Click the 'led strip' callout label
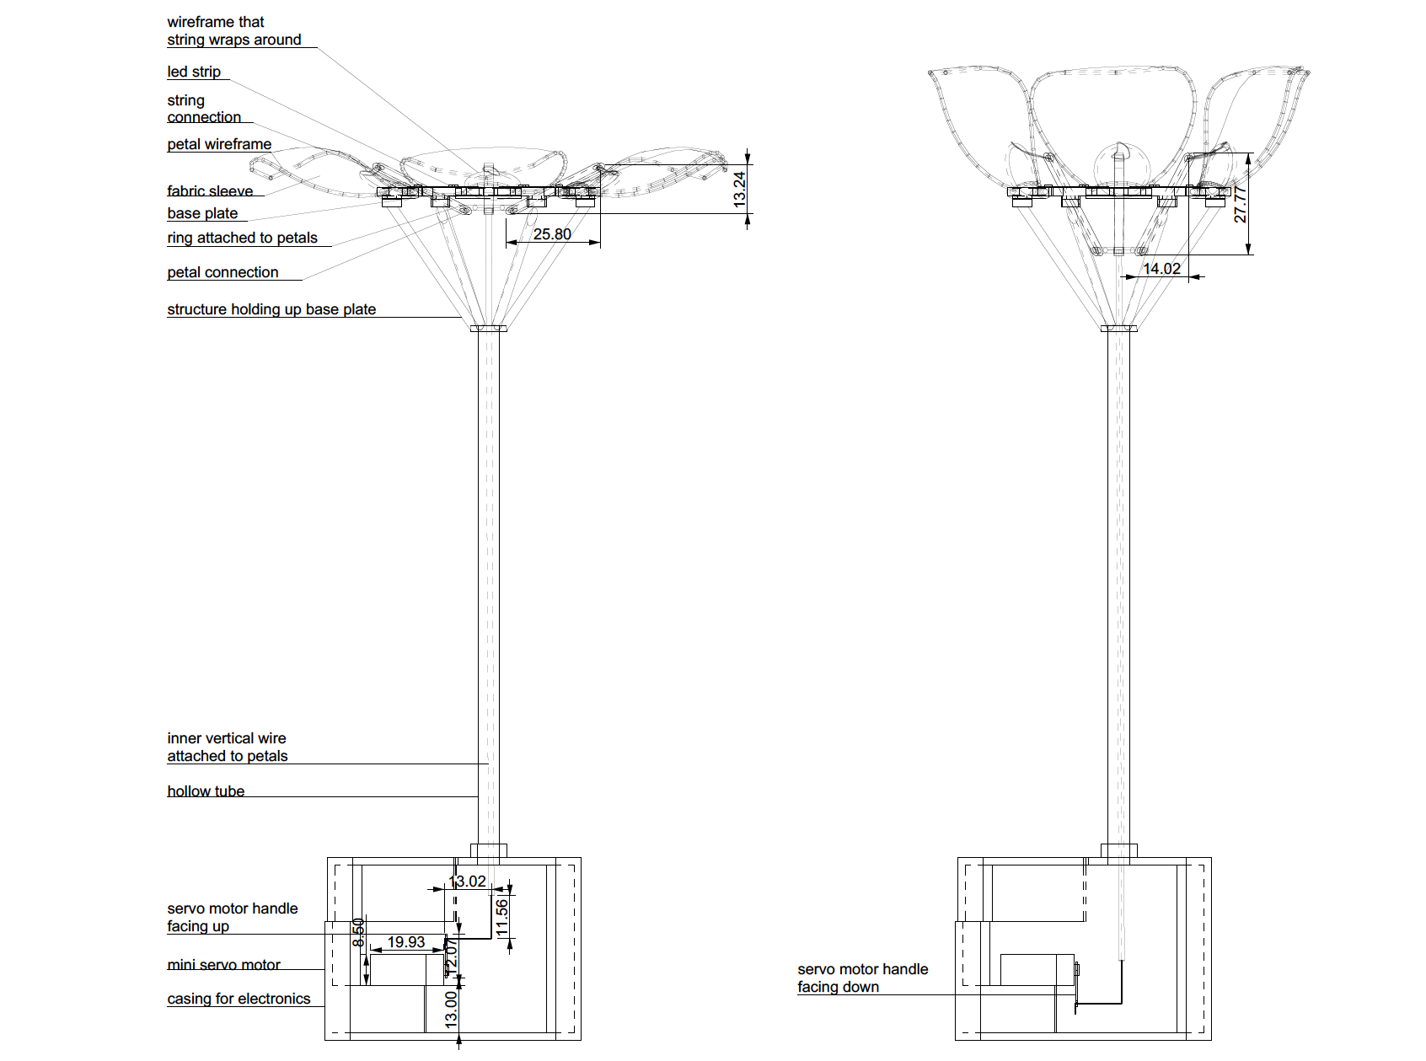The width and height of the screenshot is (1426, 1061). click(194, 72)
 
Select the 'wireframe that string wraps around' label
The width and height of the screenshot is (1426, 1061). click(233, 31)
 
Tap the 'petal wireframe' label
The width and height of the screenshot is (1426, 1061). click(219, 144)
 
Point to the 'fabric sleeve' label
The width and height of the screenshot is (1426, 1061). click(210, 191)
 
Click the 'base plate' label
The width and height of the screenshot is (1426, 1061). click(202, 213)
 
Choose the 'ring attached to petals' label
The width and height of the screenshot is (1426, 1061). click(242, 238)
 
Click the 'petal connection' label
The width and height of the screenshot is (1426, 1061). click(222, 272)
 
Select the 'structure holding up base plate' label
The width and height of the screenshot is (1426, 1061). click(271, 309)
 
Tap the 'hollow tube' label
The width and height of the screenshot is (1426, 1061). click(206, 790)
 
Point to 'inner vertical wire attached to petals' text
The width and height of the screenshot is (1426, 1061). click(227, 748)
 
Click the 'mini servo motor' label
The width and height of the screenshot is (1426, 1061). click(223, 965)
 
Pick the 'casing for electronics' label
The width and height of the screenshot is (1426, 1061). click(239, 999)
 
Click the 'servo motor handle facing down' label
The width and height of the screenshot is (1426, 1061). click(862, 978)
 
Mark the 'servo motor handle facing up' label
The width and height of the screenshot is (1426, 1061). click(232, 917)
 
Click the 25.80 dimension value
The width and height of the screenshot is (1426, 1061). click(552, 234)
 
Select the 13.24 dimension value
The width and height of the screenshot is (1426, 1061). click(739, 190)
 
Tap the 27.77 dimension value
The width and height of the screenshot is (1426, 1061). click(1240, 205)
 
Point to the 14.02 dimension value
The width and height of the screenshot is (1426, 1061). click(1161, 269)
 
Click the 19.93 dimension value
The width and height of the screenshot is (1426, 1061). click(406, 942)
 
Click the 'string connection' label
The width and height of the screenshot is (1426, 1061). click(204, 109)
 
